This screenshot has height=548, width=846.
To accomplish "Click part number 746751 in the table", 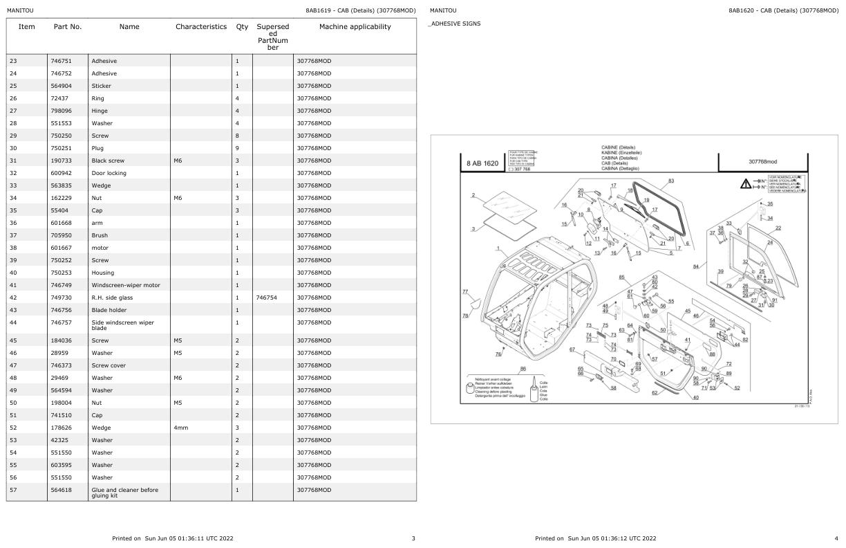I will point(60,61).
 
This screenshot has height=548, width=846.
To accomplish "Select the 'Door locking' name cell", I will point(109,173).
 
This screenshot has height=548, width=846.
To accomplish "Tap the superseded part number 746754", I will point(266,298).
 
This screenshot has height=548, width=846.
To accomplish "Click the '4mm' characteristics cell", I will point(181,428).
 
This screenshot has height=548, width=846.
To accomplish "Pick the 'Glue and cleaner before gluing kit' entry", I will point(124,493).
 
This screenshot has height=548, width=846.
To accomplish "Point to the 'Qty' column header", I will point(242,27).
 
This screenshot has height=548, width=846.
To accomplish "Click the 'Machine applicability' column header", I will point(355,27).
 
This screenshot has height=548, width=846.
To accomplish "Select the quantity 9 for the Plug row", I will point(237,148).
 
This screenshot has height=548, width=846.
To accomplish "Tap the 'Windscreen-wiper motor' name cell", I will point(125,285).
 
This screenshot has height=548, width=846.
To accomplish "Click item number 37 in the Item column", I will point(13,235).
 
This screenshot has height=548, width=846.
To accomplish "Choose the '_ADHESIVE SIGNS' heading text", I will point(455,24).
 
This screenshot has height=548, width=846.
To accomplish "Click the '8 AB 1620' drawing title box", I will point(482,163).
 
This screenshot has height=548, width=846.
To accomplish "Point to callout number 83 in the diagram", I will point(671,181).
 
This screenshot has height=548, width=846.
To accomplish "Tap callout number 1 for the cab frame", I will point(498,248).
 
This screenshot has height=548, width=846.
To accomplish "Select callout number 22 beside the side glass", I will point(778,228).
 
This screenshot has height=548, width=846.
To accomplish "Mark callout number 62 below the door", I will point(655,393).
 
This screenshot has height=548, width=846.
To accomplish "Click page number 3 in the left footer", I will point(413,538).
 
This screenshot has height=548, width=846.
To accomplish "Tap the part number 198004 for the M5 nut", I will point(60,403).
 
